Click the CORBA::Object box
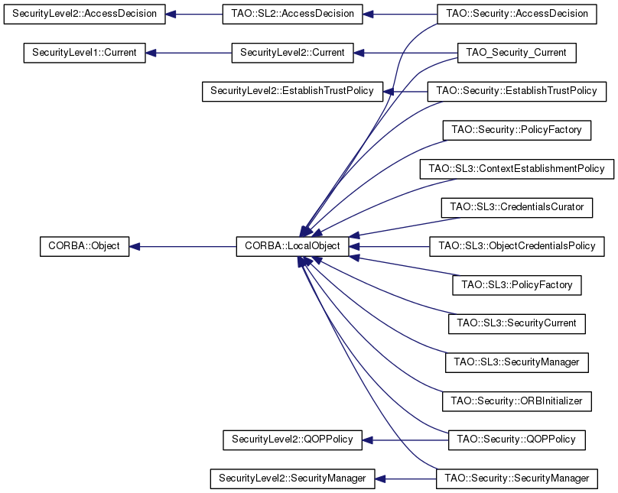(84, 246)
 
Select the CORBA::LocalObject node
(293, 246)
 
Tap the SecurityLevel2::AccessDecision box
(83, 14)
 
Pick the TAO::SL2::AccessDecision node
(292, 14)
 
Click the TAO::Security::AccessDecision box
(516, 14)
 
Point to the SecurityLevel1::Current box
(84, 53)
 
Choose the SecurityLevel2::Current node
(292, 53)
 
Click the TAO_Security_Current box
(516, 53)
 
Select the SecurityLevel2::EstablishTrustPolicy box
(292, 91)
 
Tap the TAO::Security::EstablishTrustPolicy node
(516, 91)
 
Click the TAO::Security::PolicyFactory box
(516, 130)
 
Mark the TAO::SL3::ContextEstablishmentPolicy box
(516, 168)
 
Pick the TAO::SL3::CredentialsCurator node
(516, 207)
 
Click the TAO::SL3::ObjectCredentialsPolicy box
(516, 246)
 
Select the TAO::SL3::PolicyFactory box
(516, 284)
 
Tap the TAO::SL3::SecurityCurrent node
(516, 323)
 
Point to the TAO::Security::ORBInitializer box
(516, 401)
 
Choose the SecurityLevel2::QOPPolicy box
(292, 439)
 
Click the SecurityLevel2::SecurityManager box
(292, 478)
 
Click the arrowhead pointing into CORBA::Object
(135, 246)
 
